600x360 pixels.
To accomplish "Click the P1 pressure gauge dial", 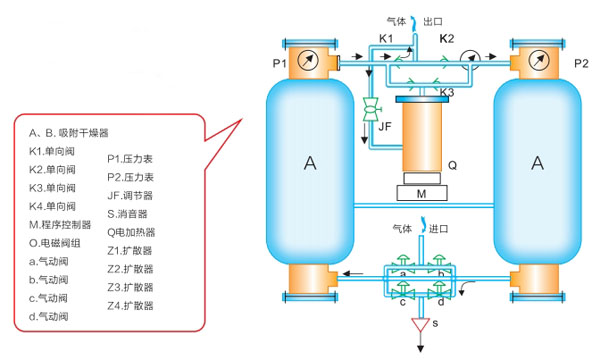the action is point(308,60).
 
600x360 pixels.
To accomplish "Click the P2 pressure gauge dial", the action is point(539,60).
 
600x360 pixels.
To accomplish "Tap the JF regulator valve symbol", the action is point(370,109).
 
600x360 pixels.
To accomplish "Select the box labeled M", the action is point(422,193).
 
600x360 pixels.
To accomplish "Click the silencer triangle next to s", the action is point(421,325).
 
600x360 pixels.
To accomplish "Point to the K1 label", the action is point(386,38).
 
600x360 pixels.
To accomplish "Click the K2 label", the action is point(447,38).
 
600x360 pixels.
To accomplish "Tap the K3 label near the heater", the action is point(447,92).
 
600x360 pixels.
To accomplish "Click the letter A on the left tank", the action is point(310,163).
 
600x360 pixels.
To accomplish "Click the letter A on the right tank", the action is point(538,163).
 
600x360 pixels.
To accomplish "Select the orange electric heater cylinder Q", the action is point(422,137).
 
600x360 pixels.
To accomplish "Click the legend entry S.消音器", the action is point(127,214).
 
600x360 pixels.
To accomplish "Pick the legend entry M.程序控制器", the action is point(60,225).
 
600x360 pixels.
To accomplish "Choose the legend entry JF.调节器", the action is point(130,195).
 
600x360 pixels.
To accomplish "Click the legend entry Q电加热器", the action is point(131,232).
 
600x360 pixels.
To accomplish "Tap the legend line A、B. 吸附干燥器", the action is point(69,133).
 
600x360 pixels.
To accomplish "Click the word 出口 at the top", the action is point(433,21).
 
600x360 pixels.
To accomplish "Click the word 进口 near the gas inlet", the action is point(439,229).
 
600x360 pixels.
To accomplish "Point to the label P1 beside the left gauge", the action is point(279,63).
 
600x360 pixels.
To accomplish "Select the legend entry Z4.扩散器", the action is point(130,306).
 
